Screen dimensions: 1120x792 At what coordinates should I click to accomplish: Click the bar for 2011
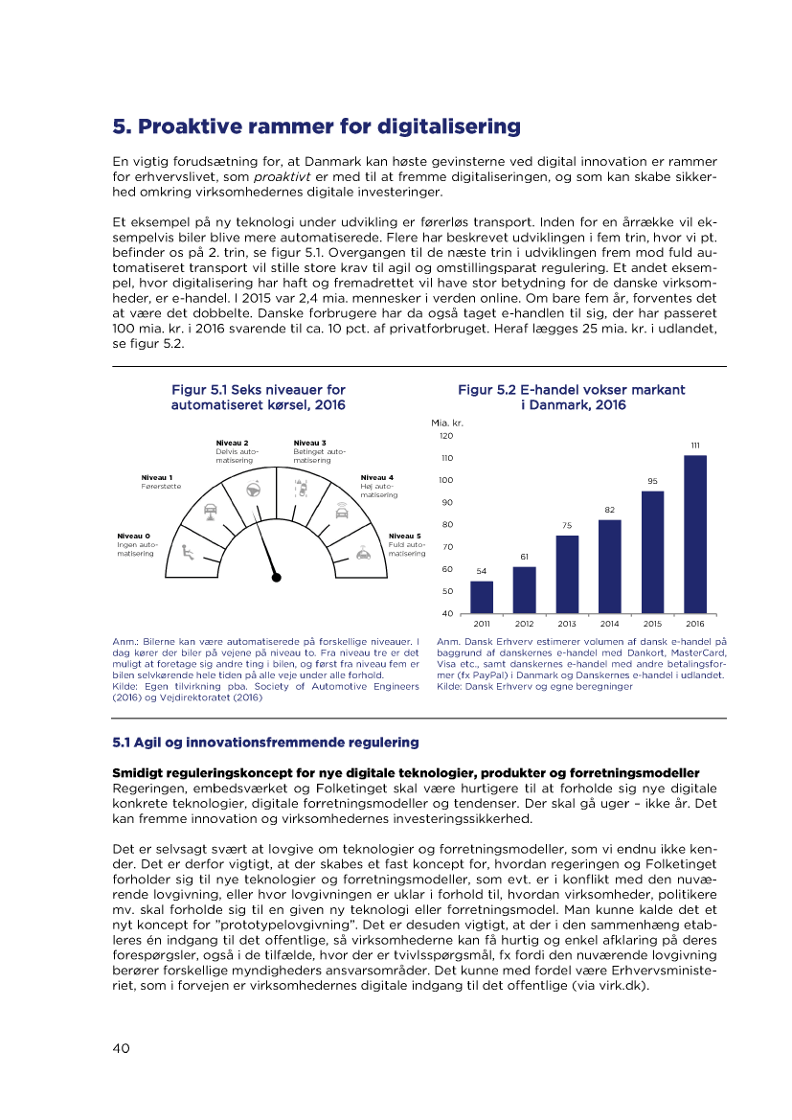click(x=482, y=597)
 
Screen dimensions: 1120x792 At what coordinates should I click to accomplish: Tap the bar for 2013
click(x=567, y=574)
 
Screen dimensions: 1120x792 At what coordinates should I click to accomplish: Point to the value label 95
click(x=652, y=480)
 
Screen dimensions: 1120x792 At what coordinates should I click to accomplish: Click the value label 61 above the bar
click(x=525, y=557)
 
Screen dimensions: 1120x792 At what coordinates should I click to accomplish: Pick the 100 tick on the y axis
click(x=446, y=480)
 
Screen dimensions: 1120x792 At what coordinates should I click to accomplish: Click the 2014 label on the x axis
click(x=609, y=624)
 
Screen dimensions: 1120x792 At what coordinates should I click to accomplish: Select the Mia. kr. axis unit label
click(x=447, y=422)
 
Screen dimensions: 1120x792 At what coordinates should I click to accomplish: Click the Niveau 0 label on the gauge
click(x=133, y=537)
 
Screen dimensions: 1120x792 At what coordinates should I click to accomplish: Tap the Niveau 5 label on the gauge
click(x=405, y=537)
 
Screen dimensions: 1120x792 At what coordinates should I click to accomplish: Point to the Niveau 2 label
click(x=233, y=443)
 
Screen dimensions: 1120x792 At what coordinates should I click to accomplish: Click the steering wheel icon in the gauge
click(x=254, y=488)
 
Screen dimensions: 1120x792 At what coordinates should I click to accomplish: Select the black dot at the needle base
click(x=277, y=577)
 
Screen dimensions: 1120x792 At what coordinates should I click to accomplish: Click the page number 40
click(x=122, y=1048)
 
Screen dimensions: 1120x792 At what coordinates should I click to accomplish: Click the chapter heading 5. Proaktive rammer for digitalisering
click(x=317, y=127)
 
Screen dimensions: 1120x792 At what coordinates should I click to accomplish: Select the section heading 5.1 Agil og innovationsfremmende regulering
click(x=266, y=743)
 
